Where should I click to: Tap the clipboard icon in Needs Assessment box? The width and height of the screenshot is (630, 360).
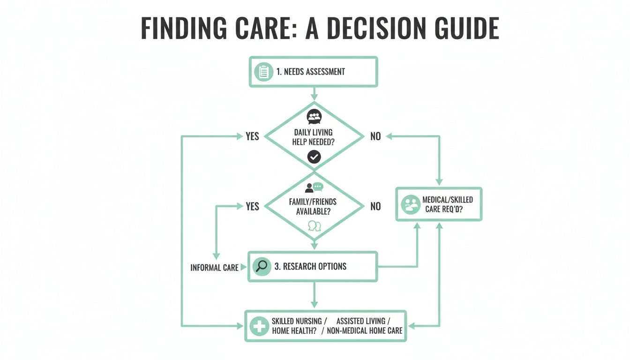(x=263, y=72)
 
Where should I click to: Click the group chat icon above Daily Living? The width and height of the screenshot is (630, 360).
(x=314, y=116)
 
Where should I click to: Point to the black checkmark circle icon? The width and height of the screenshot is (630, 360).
(x=314, y=157)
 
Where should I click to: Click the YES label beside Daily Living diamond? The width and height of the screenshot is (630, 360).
(x=252, y=136)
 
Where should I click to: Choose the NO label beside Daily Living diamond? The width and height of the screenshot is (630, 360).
(x=375, y=136)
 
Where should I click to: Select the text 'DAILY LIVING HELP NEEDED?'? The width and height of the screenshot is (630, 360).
(x=314, y=137)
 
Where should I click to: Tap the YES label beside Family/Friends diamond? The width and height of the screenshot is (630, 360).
(x=252, y=206)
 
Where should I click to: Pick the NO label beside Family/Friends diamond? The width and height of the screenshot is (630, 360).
(x=375, y=206)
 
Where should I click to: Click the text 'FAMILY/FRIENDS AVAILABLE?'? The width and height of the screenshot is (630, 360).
(x=313, y=207)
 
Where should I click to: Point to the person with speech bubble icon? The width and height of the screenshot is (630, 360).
(x=314, y=187)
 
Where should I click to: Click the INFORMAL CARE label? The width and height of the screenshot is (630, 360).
(x=214, y=268)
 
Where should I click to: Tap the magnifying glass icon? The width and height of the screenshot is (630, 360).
(x=261, y=266)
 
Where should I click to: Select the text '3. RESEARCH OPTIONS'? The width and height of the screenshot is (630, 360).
(x=310, y=266)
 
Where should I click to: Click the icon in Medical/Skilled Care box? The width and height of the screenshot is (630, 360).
(x=411, y=204)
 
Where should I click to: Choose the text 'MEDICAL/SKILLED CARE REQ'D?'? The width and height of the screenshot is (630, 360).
(x=447, y=204)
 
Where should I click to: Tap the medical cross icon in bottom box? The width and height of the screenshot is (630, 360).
(x=259, y=326)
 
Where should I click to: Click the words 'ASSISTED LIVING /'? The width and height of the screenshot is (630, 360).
(x=360, y=321)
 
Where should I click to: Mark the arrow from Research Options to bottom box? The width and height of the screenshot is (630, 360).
(x=314, y=296)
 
